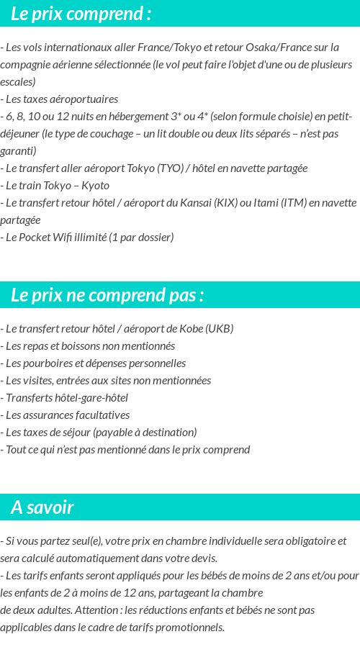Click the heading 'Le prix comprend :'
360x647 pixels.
click(x=81, y=14)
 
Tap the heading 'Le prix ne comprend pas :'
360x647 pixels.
click(x=107, y=295)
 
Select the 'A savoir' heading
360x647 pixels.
click(x=42, y=507)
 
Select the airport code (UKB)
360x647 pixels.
click(x=219, y=329)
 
